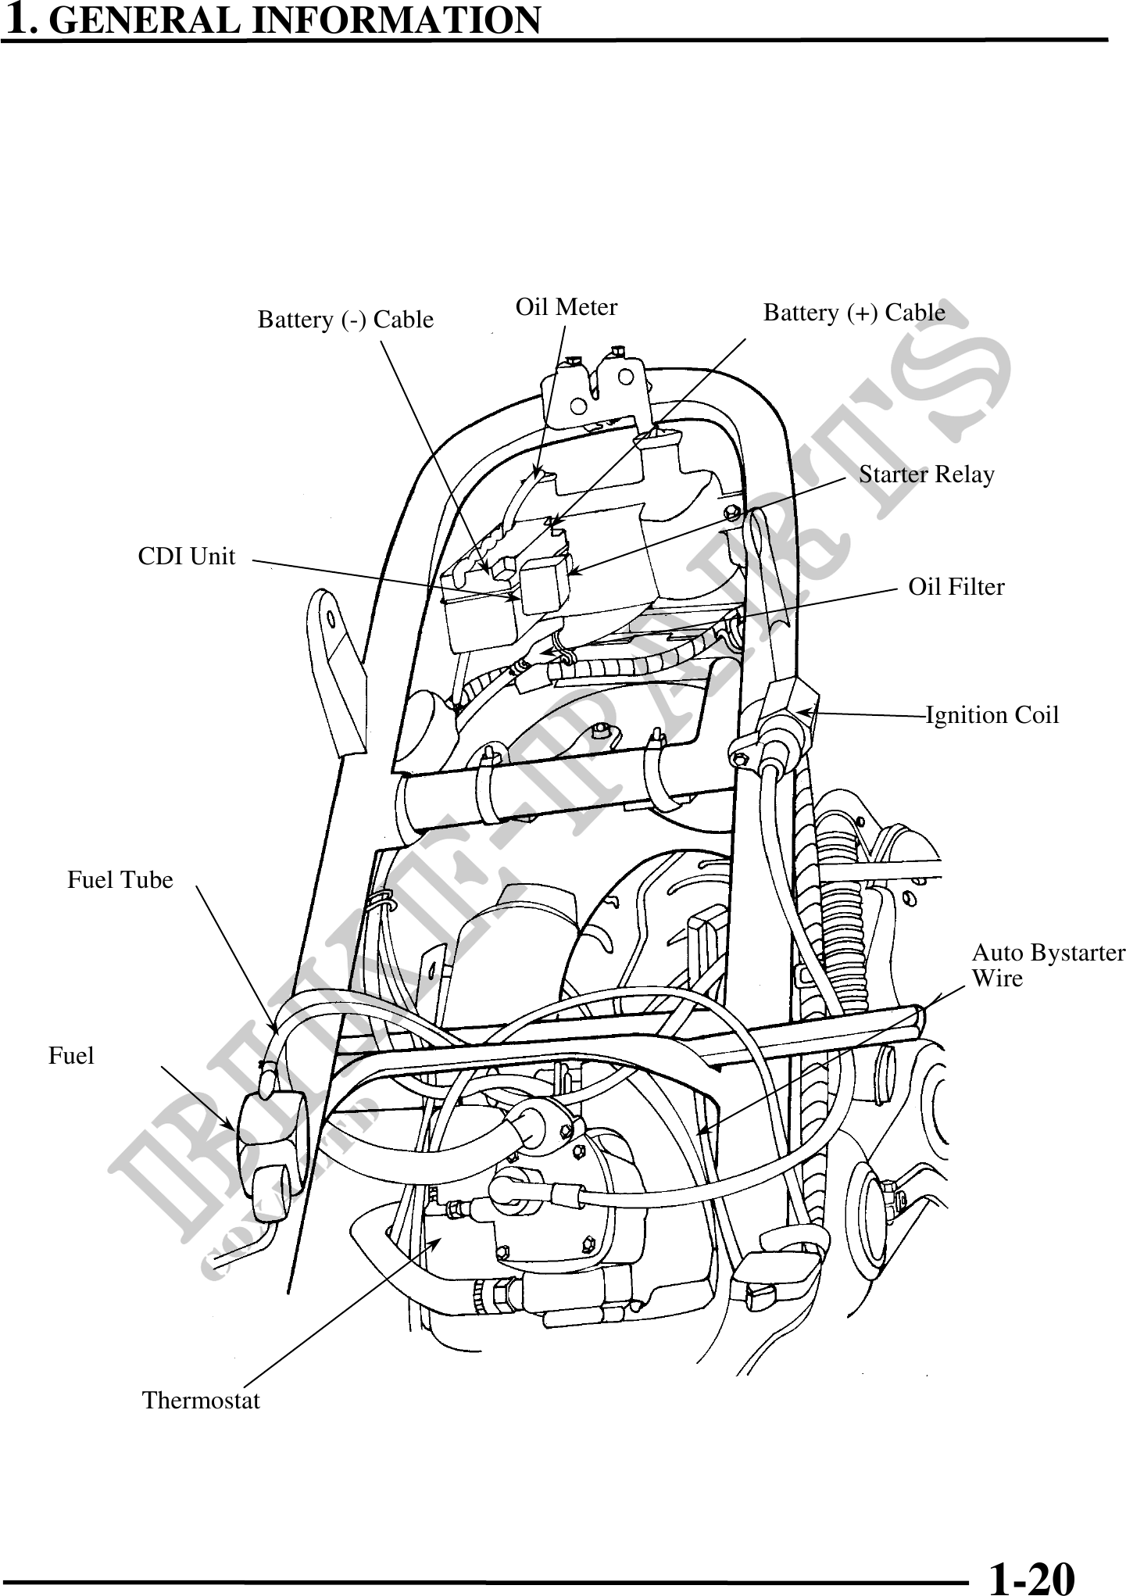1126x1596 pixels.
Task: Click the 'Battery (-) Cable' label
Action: [x=345, y=320]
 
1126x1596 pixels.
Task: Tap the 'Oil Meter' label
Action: [x=567, y=307]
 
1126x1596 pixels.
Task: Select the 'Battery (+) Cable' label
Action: [x=854, y=313]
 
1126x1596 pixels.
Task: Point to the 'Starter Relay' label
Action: [x=927, y=474]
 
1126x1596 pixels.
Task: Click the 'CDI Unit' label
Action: [x=186, y=556]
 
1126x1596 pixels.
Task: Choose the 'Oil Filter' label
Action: [x=956, y=587]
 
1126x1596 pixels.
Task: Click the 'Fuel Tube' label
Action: [x=120, y=880]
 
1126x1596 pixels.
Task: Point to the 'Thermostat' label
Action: [x=201, y=1400]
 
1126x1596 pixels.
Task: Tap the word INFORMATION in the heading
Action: [x=399, y=20]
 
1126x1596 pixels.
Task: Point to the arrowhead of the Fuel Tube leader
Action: [x=275, y=1030]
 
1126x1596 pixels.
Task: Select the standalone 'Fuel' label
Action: [x=71, y=1056]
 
